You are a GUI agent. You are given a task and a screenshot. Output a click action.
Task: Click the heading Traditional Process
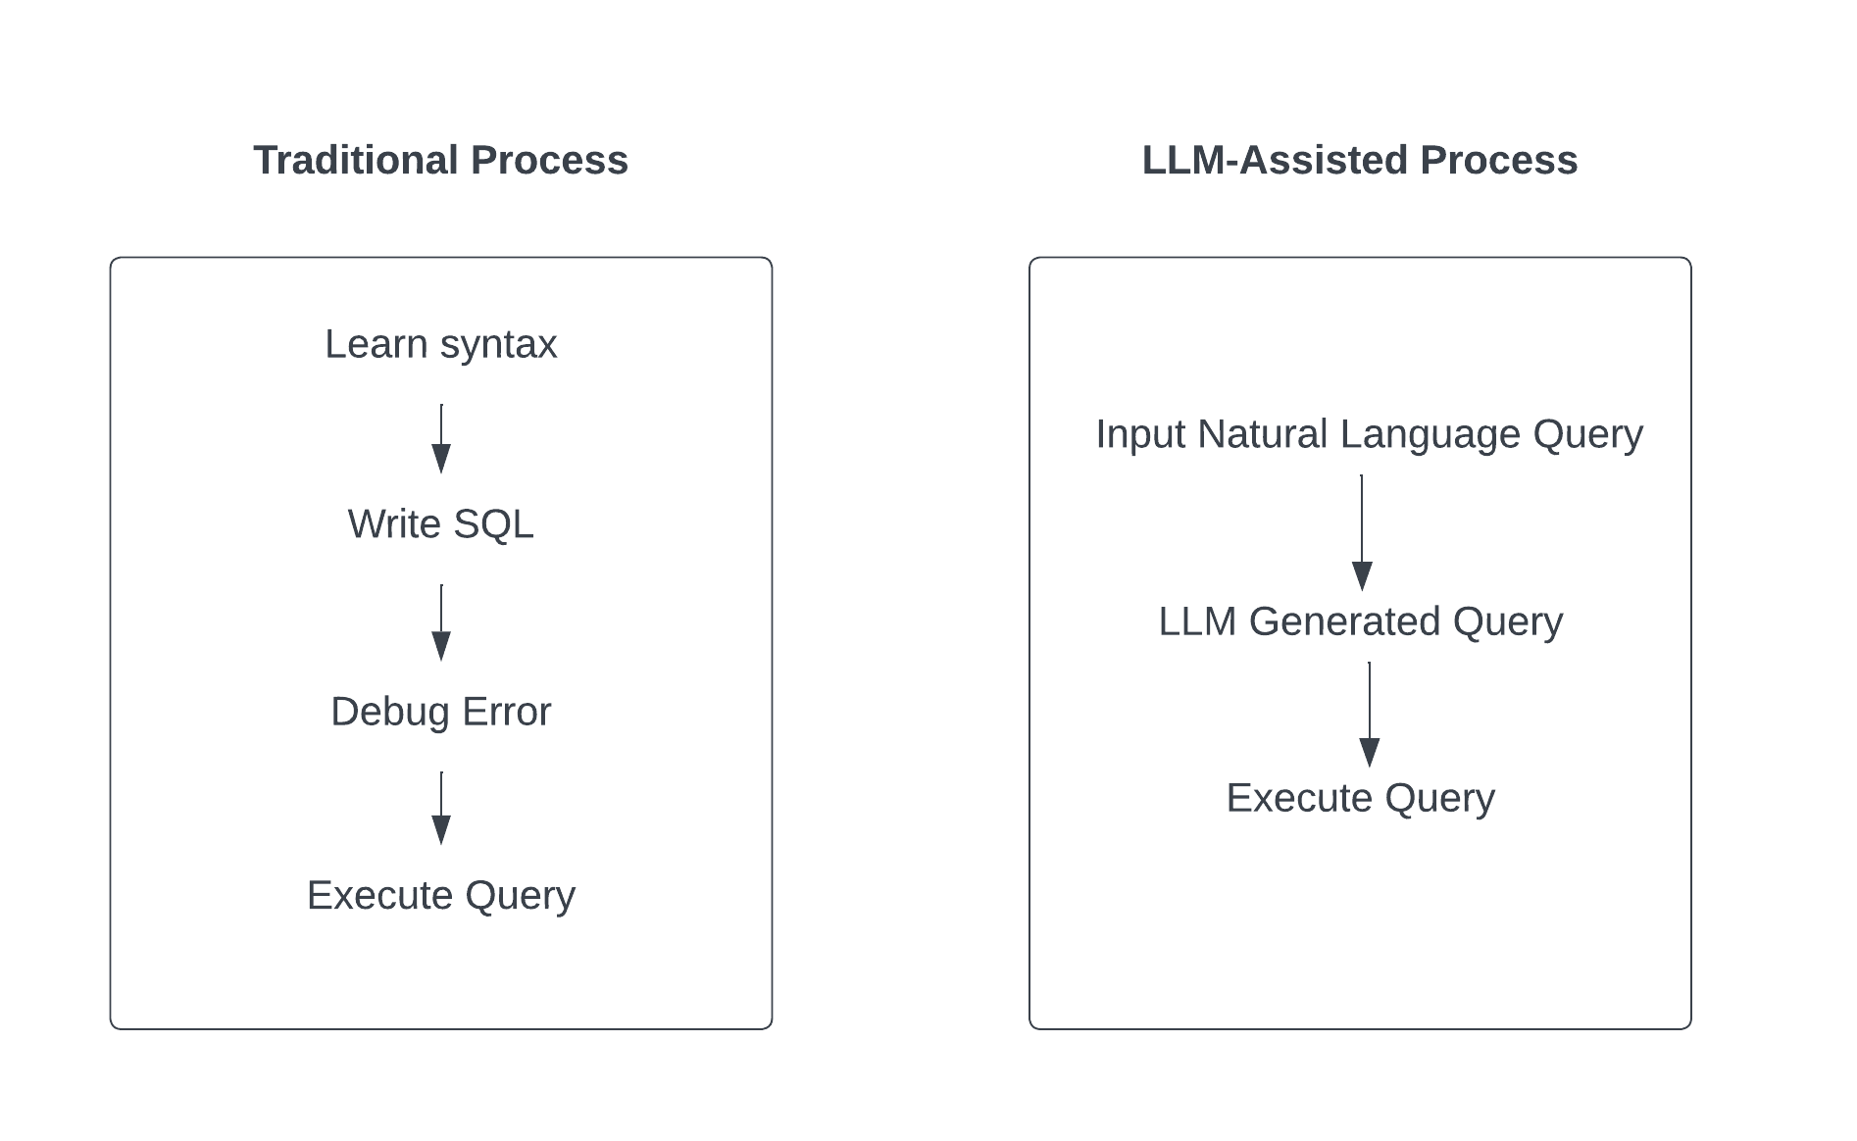440,160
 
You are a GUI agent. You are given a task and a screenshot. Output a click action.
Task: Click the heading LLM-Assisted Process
1360,160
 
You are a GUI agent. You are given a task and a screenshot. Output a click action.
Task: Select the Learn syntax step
440,345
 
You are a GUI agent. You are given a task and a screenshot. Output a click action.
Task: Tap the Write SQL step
440,524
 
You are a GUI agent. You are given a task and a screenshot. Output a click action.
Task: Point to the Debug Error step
440,713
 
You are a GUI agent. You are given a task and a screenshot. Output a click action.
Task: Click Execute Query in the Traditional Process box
440,896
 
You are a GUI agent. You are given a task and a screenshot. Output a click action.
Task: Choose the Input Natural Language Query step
1369,434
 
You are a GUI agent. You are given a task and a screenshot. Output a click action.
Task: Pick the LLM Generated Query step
1361,621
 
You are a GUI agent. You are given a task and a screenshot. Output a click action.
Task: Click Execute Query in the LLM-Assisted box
1361,799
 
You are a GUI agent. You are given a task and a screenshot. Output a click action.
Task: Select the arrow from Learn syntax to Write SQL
441,438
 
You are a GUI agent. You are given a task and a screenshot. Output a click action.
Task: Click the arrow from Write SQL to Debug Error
441,622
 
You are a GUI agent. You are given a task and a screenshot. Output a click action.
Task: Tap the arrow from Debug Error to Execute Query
441,808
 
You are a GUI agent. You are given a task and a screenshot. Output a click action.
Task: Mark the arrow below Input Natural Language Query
1362,532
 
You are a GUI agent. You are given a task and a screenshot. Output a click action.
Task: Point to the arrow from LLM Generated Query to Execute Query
1370,715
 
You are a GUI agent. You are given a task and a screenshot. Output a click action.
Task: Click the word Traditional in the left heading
356,160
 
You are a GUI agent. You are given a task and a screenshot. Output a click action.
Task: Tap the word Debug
390,713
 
